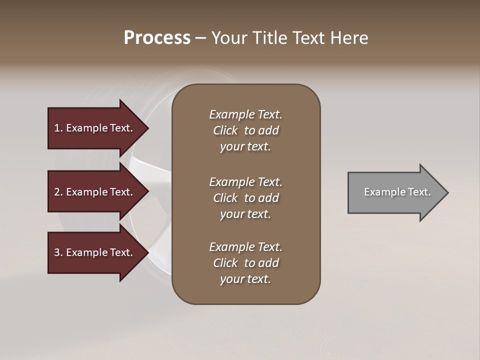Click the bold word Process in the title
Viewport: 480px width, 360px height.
pos(157,38)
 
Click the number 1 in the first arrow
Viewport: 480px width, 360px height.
pos(57,128)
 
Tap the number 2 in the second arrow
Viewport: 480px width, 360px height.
pos(57,192)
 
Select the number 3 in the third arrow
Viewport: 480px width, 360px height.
pos(57,252)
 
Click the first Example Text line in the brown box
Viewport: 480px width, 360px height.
pos(245,114)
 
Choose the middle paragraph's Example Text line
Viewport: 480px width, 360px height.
pos(245,182)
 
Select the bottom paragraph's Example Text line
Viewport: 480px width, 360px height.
pos(245,247)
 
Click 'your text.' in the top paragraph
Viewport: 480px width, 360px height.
pos(245,146)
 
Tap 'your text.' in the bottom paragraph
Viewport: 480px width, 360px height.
pos(245,279)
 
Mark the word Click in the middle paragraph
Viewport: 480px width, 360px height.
pos(225,198)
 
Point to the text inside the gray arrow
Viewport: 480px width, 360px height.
pos(397,192)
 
